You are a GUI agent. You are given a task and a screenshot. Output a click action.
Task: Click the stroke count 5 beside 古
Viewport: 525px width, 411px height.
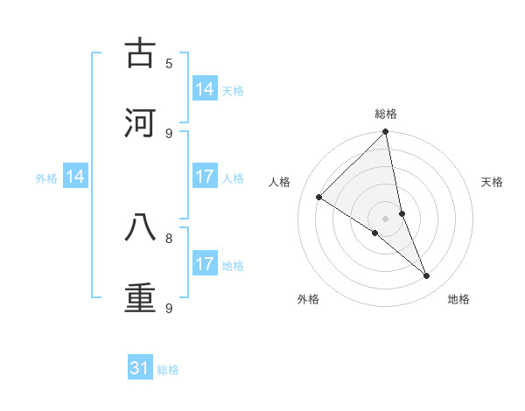coord(169,63)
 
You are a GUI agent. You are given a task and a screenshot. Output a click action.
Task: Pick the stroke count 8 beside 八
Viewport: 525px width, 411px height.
coord(169,237)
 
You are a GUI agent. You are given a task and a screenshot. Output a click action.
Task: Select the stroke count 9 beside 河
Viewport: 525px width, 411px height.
coord(169,133)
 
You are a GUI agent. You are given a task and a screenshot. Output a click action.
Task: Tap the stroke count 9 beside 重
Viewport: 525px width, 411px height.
coord(169,308)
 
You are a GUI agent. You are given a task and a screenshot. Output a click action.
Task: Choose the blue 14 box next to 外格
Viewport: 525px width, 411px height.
coord(75,178)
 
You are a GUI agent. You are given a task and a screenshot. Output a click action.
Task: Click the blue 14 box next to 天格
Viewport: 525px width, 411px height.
coord(205,89)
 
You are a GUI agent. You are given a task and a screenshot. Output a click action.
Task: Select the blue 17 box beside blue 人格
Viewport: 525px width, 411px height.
coord(205,177)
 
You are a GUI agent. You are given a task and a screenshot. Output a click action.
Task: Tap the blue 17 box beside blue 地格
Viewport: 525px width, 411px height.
coord(205,264)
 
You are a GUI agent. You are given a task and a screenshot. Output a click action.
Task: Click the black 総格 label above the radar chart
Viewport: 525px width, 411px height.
coord(386,114)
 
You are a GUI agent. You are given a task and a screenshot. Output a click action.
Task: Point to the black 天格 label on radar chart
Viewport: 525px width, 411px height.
coord(493,182)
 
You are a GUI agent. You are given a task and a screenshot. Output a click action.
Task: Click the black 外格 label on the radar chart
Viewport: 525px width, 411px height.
coord(308,299)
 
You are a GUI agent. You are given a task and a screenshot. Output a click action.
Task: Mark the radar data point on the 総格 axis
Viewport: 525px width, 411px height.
coord(386,132)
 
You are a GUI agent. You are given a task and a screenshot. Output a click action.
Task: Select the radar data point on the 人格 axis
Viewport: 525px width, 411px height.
coord(319,198)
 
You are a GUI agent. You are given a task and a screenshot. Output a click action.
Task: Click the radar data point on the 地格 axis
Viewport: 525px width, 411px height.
coord(427,275)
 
